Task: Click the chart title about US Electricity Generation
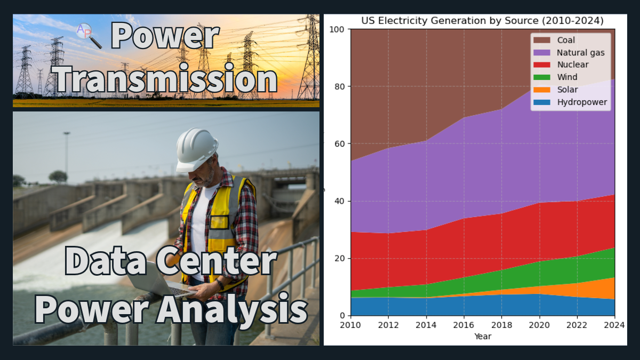pos(482,21)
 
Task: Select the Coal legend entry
pos(554,40)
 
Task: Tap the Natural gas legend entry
pos(569,53)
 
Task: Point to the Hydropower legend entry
pos(570,102)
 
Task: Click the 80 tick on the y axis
pos(340,86)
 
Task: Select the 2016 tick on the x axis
pos(463,325)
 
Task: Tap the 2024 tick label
pos(614,325)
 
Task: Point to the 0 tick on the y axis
pos(342,316)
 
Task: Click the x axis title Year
pos(483,337)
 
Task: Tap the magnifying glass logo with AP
pos(89,36)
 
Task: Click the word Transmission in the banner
pos(165,78)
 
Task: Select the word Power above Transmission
pos(165,36)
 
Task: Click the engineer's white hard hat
pos(196,150)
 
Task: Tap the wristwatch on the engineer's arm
pos(220,284)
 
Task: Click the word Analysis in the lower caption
pos(233,310)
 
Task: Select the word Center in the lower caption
pos(217,261)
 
